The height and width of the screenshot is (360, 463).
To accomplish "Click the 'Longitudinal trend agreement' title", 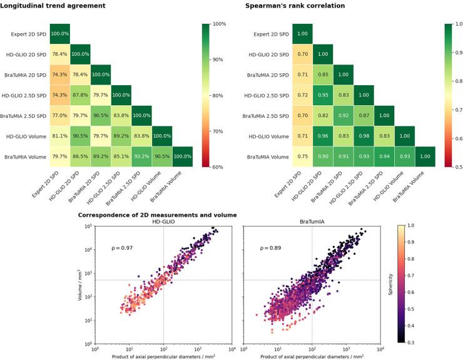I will pos(53,6).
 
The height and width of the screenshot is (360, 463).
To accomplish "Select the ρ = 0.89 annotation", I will pos(270,248).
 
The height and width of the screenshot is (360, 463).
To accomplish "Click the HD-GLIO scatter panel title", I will pos(164,222).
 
